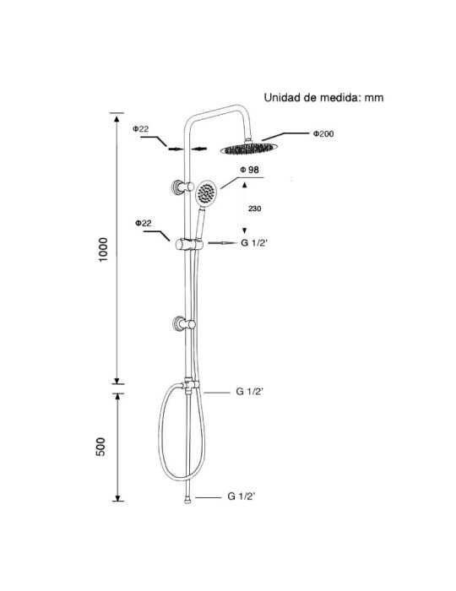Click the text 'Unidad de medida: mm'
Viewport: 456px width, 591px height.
323,98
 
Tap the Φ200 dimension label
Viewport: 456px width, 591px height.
323,133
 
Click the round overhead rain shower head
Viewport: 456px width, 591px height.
249,149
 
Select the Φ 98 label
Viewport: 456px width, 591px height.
249,170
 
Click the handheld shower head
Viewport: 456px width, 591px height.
206,193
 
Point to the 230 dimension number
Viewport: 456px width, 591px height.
254,209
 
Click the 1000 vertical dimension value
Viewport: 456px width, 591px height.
102,250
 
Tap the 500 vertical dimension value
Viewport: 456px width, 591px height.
100,447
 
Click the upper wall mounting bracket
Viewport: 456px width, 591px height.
182,187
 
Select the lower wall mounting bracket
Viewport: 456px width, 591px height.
183,324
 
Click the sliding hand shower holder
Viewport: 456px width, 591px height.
189,244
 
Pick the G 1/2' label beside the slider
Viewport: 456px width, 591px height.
254,243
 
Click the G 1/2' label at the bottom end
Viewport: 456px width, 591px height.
242,496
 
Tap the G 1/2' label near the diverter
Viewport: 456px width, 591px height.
249,392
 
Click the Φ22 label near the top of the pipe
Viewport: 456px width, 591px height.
140,129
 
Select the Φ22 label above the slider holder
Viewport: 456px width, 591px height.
144,223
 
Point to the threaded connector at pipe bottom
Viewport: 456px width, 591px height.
187,501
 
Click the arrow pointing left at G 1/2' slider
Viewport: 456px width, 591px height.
221,243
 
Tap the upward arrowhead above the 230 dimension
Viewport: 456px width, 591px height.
245,185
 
